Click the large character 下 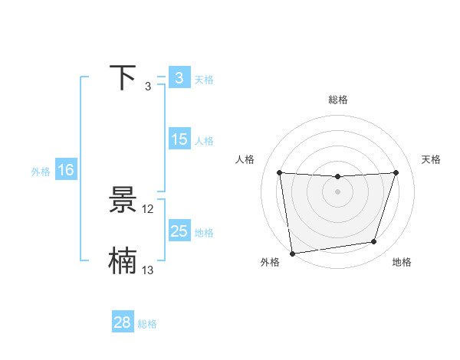(123, 78)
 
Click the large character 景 (123, 201)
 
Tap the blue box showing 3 (179, 78)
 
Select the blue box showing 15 (179, 139)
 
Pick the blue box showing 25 (179, 231)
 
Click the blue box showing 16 (65, 170)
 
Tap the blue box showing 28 (122, 322)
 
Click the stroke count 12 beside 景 (148, 208)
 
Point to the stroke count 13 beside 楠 (148, 270)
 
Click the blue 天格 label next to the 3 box (204, 79)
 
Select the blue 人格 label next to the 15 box (204, 141)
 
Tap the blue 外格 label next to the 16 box (41, 172)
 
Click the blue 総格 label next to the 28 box (147, 324)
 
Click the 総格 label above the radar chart (338, 100)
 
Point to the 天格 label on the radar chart (431, 159)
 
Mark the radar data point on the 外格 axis (292, 254)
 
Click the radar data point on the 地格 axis (374, 242)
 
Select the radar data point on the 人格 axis (280, 172)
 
